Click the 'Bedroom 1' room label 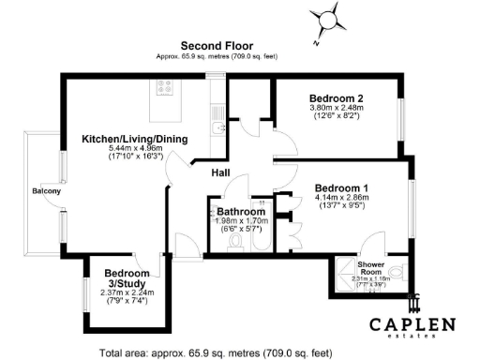click(342, 187)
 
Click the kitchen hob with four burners click(166, 87)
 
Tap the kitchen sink click(217, 130)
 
